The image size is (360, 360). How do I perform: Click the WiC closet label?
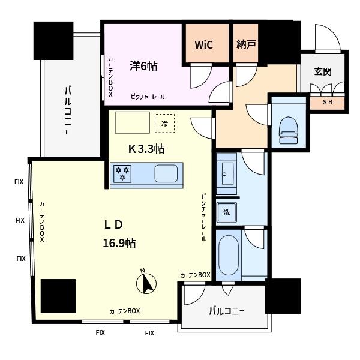203,44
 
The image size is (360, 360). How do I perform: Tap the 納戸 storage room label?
246,44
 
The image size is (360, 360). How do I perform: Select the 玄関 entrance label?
323,71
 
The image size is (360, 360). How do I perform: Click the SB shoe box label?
328,102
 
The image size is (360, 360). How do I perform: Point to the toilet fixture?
288,130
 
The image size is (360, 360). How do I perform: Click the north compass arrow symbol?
146,283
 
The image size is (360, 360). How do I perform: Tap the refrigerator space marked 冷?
164,123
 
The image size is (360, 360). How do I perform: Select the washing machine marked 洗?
227,212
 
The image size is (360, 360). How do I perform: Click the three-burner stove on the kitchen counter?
122,174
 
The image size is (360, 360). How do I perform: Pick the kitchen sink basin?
166,174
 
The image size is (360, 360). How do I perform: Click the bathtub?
229,255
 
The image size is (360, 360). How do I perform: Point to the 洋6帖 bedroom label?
143,66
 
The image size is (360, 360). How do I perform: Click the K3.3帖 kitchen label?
146,149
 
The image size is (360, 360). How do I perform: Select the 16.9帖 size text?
119,243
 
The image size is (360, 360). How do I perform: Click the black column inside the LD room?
58,296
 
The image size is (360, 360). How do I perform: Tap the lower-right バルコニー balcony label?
227,311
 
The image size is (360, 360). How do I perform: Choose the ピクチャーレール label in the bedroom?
148,97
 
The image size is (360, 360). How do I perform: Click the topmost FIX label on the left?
19,182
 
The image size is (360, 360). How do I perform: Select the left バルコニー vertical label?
68,110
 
